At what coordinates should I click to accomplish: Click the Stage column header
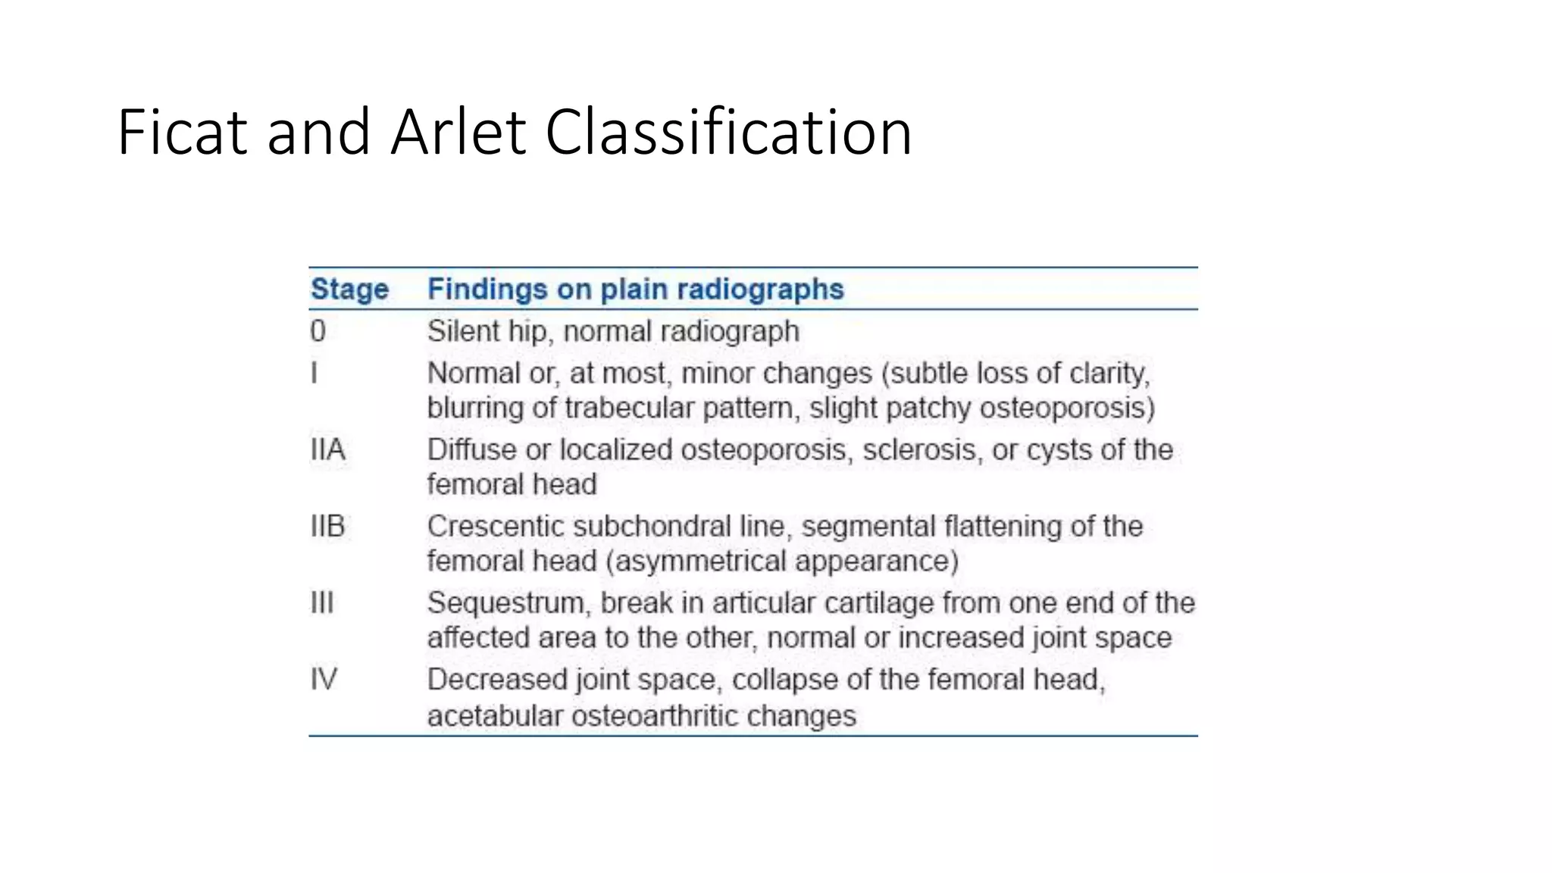tap(349, 289)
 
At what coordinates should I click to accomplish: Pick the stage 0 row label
tap(318, 331)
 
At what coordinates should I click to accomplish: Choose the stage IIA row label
tap(328, 449)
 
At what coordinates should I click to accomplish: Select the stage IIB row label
tap(328, 526)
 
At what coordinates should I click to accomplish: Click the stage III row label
tap(322, 602)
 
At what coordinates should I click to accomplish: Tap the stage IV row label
tap(324, 679)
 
